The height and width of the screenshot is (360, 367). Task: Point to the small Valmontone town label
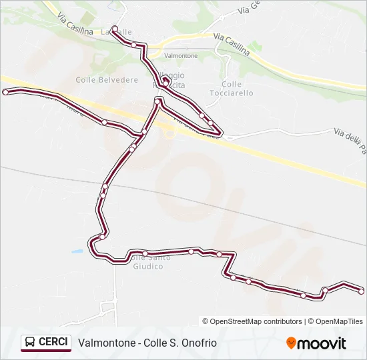(181, 56)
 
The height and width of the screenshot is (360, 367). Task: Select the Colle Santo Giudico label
(147, 262)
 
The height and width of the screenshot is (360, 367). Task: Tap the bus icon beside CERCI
(31, 343)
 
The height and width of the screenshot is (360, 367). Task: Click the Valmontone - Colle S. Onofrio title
(147, 343)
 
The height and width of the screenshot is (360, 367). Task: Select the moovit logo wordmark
(322, 343)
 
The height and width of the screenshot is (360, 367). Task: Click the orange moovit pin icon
(291, 343)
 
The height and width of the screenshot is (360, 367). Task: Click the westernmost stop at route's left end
(5, 93)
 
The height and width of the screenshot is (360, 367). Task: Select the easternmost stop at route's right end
(361, 291)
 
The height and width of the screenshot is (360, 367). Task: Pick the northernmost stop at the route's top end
(115, 29)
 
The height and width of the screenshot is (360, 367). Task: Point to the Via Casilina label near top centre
(232, 44)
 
